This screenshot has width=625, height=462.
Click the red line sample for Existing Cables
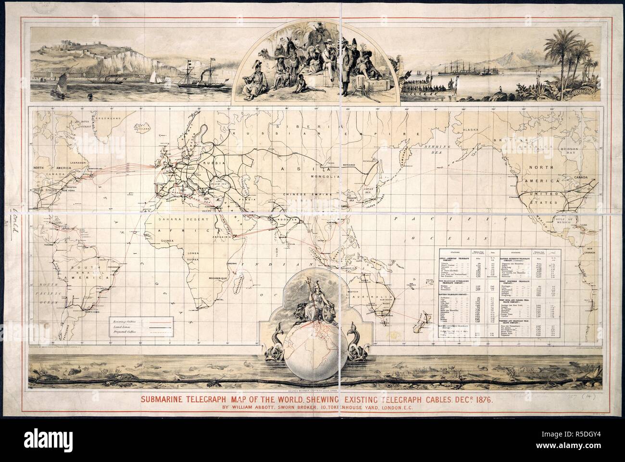(x=162, y=320)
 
